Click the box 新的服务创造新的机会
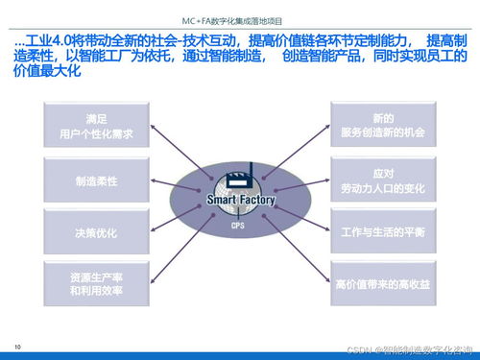pos(381,125)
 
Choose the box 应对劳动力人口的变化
pos(381,180)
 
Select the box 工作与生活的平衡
pos(381,231)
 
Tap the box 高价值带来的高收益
pos(381,284)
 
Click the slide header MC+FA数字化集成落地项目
pos(240,18)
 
